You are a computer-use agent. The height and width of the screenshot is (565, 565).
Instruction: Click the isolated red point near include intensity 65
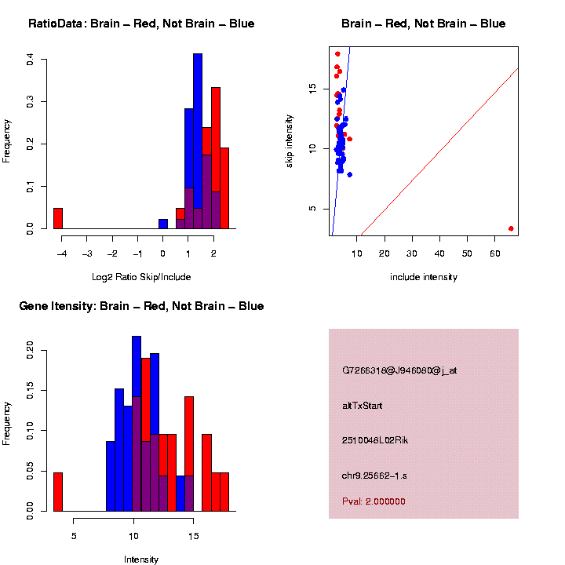[x=511, y=228]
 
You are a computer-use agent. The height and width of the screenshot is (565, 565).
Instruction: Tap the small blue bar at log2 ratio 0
[x=162, y=224]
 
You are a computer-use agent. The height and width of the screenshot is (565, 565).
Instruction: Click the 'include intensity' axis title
[x=423, y=277]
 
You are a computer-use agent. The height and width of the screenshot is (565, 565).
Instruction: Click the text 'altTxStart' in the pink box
[x=363, y=406]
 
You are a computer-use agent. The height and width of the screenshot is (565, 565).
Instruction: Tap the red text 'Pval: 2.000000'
[x=374, y=501]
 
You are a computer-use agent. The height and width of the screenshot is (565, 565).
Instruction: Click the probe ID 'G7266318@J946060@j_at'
[x=399, y=370]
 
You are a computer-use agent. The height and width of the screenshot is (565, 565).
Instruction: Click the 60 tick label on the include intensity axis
[x=495, y=252]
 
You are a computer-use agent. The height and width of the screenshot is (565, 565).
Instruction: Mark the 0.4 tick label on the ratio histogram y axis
[x=30, y=59]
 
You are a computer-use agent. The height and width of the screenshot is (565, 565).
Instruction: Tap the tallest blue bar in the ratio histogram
[x=198, y=141]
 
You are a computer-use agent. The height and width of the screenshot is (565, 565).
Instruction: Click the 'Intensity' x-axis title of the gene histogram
[x=141, y=560]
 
